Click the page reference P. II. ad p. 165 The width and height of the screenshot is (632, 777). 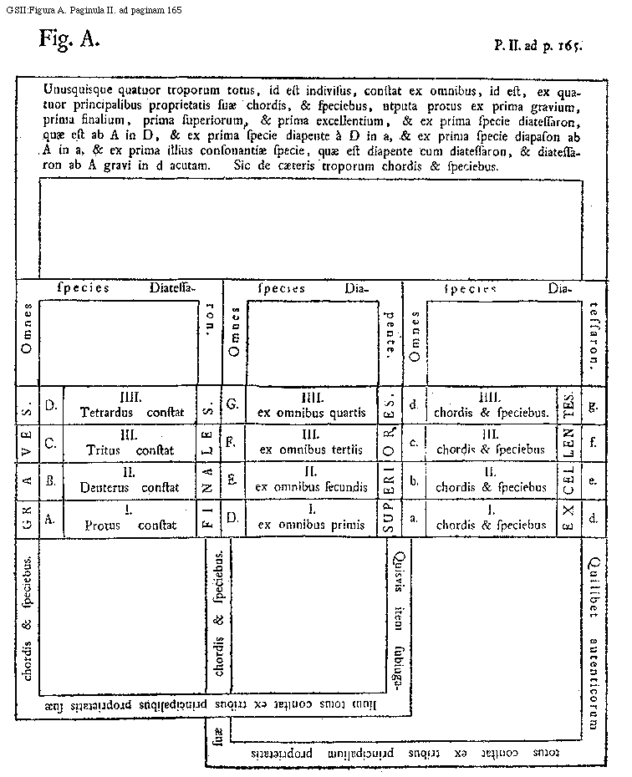tap(538, 46)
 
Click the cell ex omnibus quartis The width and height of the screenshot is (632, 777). tap(312, 406)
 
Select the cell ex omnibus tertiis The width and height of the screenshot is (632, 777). tap(312, 443)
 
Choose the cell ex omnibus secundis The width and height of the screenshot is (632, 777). tap(312, 480)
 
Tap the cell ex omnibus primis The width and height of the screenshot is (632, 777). tap(312, 519)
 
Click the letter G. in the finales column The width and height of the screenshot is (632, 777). tap(232, 405)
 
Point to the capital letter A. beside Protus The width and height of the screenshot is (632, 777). tap(50, 519)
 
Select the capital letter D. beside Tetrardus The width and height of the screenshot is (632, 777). tap(50, 406)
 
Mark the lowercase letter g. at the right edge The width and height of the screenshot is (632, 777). tap(593, 406)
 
